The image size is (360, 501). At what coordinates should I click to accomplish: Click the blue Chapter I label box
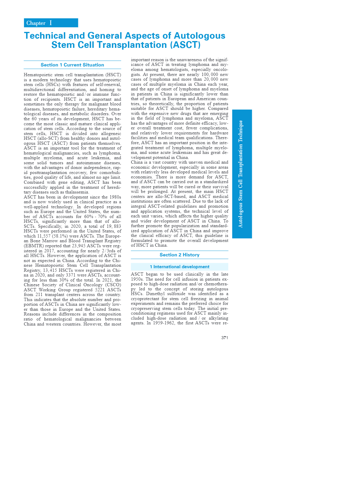coord(51,23)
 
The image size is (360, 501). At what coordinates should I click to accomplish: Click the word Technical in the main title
coord(45,36)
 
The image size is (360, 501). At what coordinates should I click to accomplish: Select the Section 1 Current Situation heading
coord(72,65)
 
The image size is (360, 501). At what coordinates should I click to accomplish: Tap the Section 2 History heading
coord(179,255)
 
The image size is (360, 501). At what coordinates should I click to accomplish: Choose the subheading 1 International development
coord(179,267)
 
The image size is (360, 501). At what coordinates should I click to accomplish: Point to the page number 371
coord(225,338)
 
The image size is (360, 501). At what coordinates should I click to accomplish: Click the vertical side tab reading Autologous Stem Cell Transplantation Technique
coord(242,174)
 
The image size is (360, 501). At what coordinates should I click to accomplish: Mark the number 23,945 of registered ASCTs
coord(80,246)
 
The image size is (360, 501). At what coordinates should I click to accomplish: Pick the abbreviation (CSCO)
coord(113,285)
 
